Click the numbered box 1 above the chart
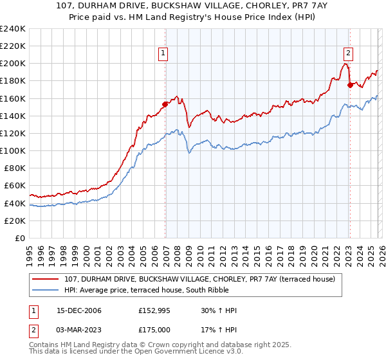click(x=164, y=54)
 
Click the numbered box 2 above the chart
click(x=348, y=54)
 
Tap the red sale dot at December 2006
click(x=165, y=104)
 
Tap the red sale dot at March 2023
click(x=350, y=84)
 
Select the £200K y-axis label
click(x=13, y=64)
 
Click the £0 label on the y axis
click(x=19, y=238)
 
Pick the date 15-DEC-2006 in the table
click(x=74, y=310)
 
